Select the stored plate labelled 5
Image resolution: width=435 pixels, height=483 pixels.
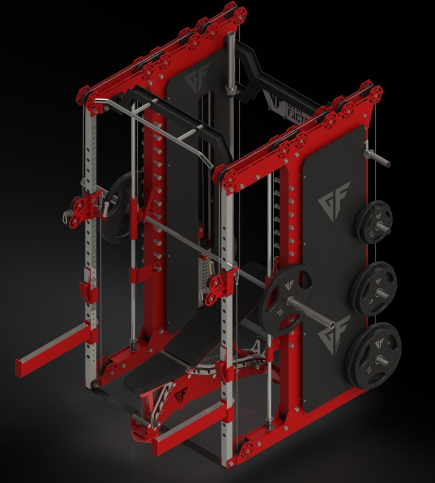pos(374,289)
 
